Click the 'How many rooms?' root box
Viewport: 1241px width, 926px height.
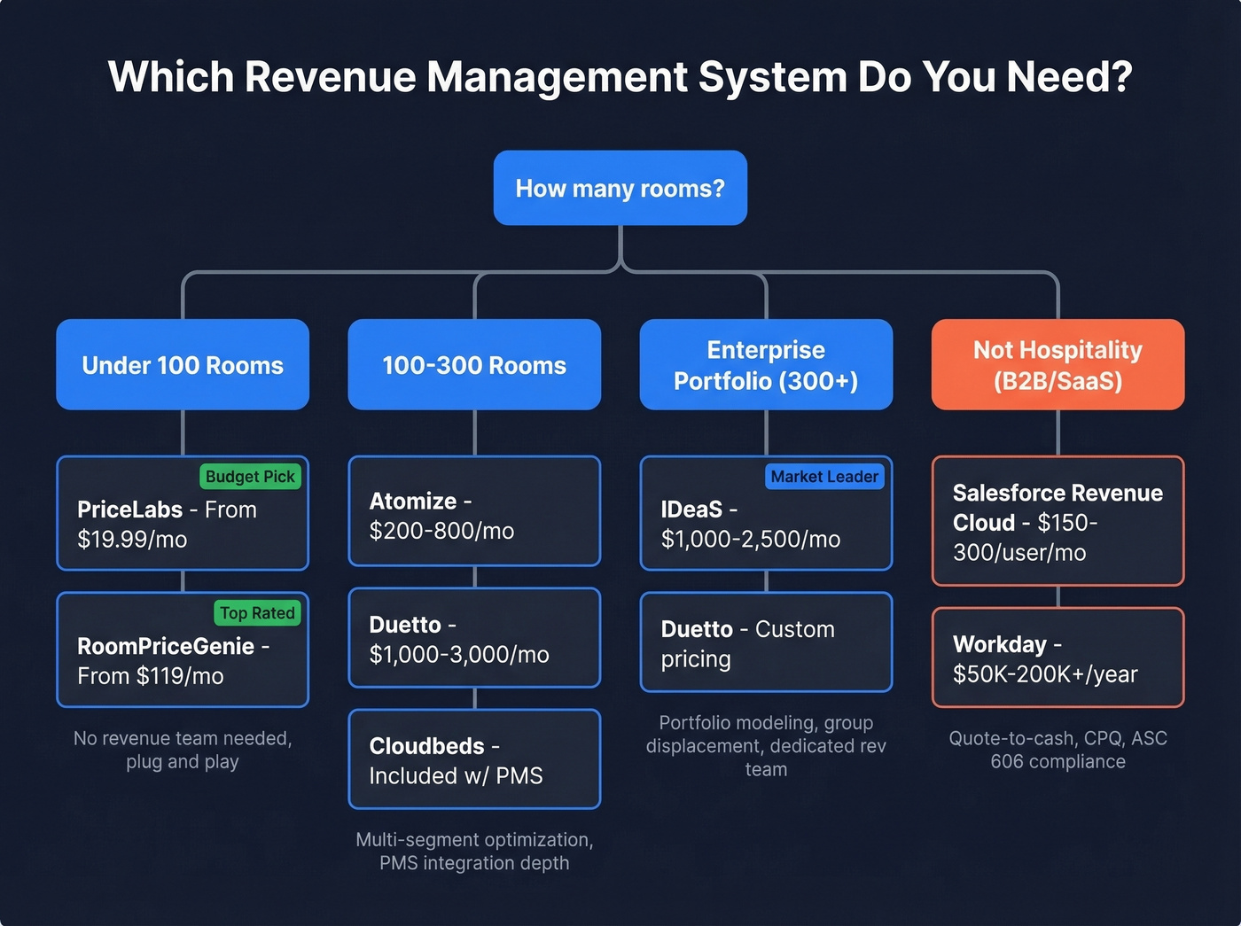click(620, 188)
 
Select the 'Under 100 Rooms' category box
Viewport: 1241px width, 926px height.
click(183, 365)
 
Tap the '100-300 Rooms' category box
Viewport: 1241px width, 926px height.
click(474, 365)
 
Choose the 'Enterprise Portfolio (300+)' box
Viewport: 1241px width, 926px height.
click(766, 365)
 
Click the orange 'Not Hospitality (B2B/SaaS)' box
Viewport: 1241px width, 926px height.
click(1058, 365)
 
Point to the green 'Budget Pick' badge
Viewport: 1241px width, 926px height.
click(250, 477)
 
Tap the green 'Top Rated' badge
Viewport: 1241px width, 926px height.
click(257, 613)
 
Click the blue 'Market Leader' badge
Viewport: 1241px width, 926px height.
click(824, 477)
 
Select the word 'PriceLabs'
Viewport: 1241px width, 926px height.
click(129, 510)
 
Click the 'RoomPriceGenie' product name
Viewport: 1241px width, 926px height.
click(166, 646)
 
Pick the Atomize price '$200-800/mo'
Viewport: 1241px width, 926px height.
click(441, 531)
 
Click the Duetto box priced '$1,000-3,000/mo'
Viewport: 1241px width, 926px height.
click(474, 638)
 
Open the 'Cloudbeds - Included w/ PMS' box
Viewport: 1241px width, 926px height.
click(474, 759)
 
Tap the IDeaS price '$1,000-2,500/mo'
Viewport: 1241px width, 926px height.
click(750, 539)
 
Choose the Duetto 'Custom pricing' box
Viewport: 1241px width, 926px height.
click(766, 642)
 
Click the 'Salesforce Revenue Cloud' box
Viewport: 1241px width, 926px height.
click(1058, 521)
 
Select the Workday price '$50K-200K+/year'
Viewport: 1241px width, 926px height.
click(1045, 674)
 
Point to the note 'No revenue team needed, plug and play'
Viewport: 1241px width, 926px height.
click(183, 750)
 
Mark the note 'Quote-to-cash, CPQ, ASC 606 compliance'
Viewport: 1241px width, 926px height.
click(1058, 750)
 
